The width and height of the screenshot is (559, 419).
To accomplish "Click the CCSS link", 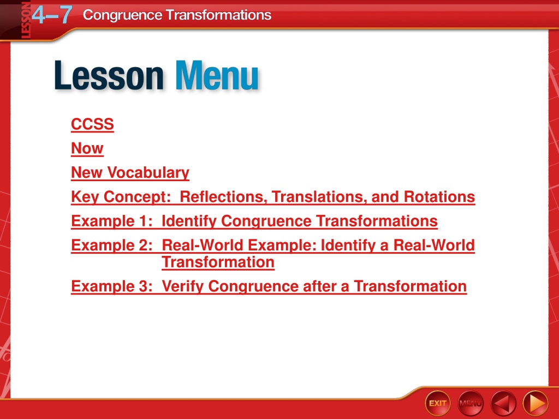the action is pos(92,124).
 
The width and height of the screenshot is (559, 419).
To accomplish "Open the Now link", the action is pos(87,148).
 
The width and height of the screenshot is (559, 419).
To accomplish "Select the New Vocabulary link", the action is pos(130,173).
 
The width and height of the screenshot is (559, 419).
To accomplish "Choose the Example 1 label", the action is pos(111,222).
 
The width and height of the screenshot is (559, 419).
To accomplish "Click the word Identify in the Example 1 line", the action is pos(189,222).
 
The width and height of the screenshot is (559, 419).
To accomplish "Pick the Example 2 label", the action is pos(111,246).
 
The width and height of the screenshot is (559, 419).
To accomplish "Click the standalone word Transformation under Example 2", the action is pos(218,262).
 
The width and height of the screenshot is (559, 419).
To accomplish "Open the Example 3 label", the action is pos(111,286).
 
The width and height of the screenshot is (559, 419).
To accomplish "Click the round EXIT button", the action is pos(438,403).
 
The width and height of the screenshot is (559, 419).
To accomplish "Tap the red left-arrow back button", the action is pos(503,403).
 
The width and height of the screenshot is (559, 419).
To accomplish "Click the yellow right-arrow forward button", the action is pos(536,403).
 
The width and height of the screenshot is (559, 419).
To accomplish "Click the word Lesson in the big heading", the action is pos(109,75).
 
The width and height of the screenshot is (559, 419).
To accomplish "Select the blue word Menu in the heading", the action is pos(217,75).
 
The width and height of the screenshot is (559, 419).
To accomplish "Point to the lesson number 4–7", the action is pos(52,15).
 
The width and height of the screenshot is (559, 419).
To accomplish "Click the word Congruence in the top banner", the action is pos(122,15).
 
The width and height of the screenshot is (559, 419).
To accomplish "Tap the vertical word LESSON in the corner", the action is pos(26,20).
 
